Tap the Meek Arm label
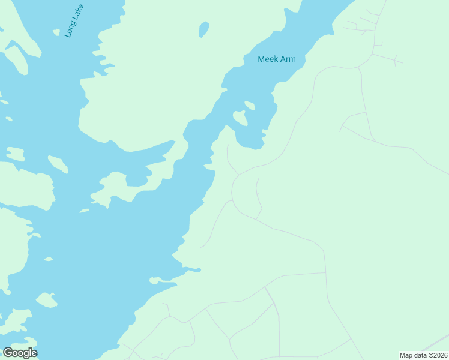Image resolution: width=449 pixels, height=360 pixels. pyautogui.click(x=277, y=59)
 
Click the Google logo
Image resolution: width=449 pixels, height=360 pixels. pyautogui.click(x=20, y=353)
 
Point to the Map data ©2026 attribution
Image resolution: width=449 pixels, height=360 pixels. pyautogui.click(x=423, y=355)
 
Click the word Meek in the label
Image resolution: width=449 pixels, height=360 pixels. pyautogui.click(x=268, y=59)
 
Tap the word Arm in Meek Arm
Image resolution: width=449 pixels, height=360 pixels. pyautogui.click(x=288, y=59)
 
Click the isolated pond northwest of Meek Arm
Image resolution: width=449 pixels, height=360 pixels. pyautogui.click(x=204, y=29)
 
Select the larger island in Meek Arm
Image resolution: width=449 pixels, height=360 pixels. pyautogui.click(x=240, y=118)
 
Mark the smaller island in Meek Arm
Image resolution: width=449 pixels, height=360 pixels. pyautogui.click(x=250, y=106)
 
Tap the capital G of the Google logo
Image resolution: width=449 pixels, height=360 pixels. pyautogui.click(x=8, y=353)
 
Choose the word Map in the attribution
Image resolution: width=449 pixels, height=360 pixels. pyautogui.click(x=406, y=355)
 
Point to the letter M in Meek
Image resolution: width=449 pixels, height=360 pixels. pyautogui.click(x=261, y=59)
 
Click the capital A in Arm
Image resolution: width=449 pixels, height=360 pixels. pyautogui.click(x=283, y=59)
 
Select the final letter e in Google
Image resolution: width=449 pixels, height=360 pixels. pyautogui.click(x=34, y=353)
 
